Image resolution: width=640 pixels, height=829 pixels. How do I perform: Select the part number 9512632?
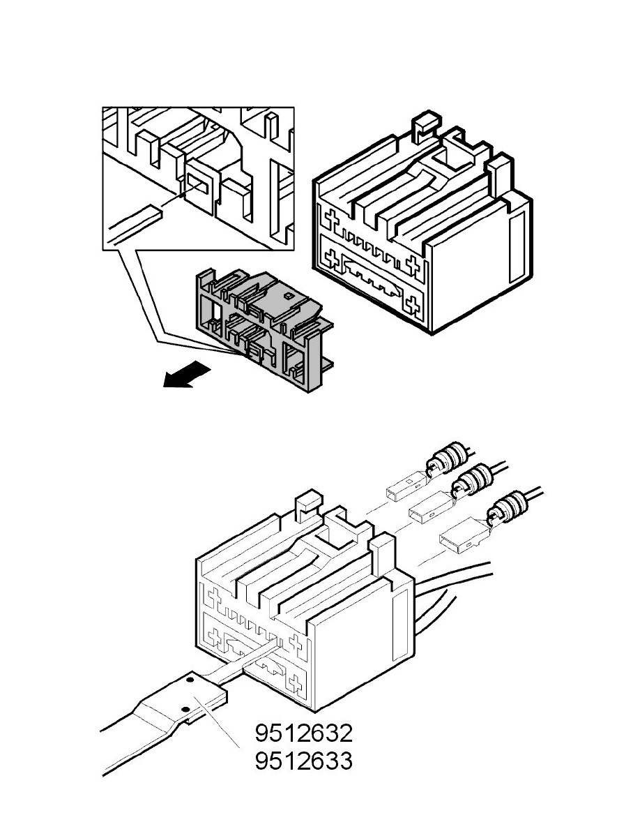pos(303,733)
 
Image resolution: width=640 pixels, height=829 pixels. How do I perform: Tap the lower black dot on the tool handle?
pos(186,709)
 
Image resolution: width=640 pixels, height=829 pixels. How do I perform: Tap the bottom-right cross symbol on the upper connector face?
pos(413,304)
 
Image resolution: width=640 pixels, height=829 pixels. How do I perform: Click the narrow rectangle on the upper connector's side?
pos(517,248)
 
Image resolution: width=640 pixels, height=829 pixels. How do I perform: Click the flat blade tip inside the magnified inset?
pos(150,212)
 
